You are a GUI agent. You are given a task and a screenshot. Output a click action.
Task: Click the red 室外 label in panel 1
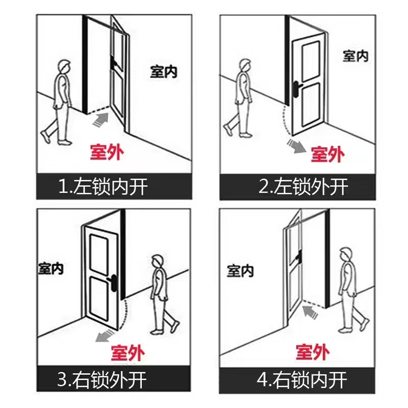click(107, 151)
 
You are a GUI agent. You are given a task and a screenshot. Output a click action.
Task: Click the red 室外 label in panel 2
click(327, 154)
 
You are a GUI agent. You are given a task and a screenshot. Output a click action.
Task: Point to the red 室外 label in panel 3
click(127, 352)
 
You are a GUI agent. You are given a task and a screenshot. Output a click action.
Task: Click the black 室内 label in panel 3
click(51, 268)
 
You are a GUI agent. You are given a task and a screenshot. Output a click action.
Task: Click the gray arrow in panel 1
click(101, 119)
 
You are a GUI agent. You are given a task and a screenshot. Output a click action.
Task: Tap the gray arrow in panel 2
click(295, 145)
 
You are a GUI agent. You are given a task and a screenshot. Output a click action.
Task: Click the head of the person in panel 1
click(64, 67)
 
